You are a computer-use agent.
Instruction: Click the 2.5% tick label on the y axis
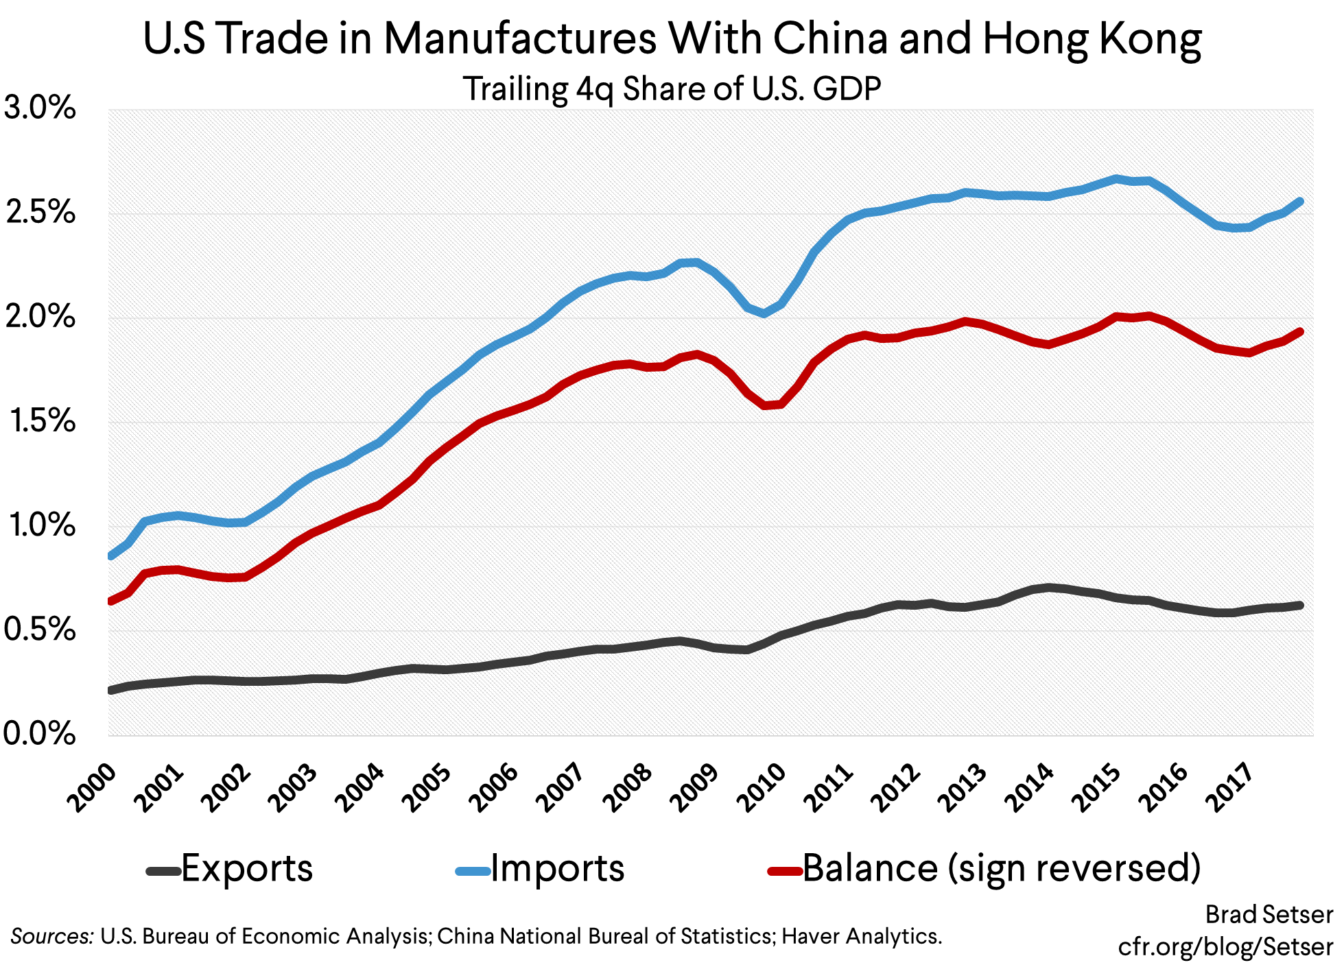pos(39,213)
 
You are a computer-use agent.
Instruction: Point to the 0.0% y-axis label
pos(39,734)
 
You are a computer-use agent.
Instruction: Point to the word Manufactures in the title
pos(519,38)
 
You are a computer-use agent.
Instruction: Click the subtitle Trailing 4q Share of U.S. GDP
pos(672,89)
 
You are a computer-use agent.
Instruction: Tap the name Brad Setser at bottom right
pos(1269,914)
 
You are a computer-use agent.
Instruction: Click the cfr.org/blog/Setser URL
pos(1225,947)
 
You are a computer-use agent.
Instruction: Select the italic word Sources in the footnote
pos(52,936)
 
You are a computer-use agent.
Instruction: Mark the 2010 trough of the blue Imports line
pos(764,313)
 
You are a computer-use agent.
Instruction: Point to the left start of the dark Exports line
pos(112,690)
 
